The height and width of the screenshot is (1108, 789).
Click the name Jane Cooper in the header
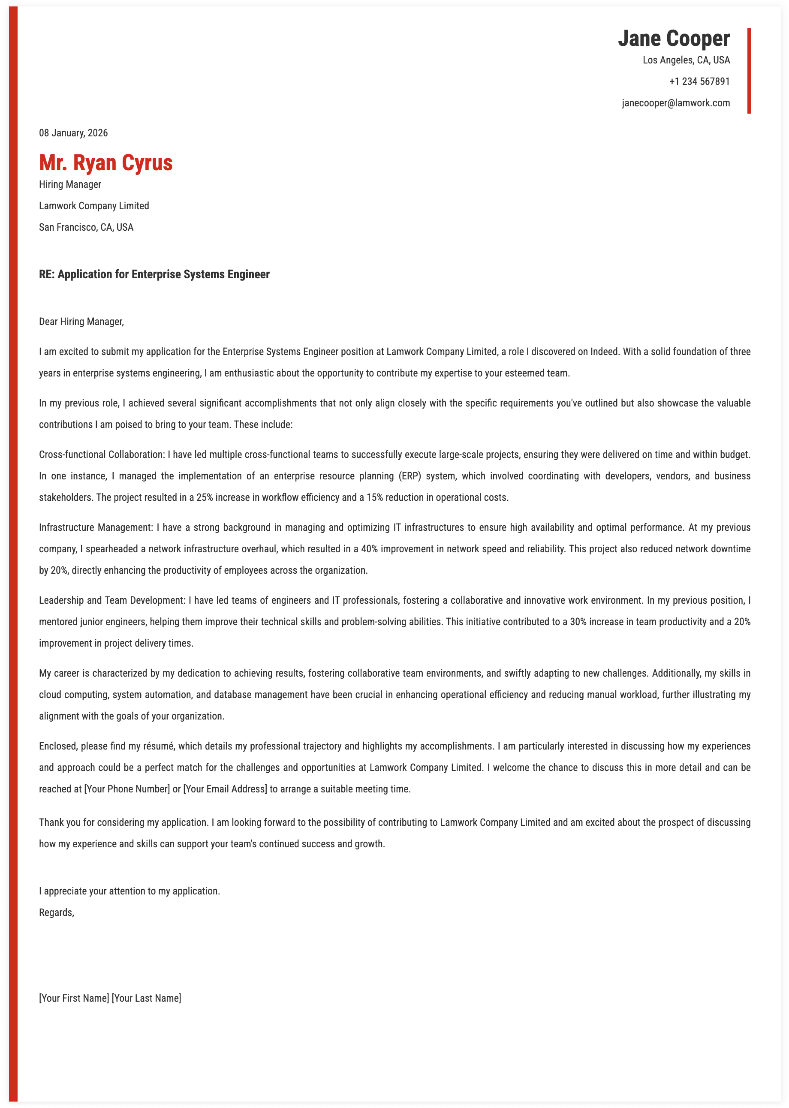point(673,39)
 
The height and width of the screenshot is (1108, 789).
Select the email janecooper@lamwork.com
point(675,103)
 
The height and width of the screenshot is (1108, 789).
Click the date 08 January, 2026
point(73,133)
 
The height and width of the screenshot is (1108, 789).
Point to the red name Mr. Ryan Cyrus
point(106,163)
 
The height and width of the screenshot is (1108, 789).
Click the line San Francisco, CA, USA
point(86,227)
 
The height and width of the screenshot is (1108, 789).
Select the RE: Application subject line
point(154,274)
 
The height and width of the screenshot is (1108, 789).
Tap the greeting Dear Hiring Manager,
point(81,322)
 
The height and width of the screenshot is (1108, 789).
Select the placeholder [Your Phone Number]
point(127,789)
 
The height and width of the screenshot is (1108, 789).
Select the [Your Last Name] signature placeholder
point(146,998)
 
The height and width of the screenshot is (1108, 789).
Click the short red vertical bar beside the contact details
point(749,71)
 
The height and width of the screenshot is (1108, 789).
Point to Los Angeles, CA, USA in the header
point(686,60)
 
